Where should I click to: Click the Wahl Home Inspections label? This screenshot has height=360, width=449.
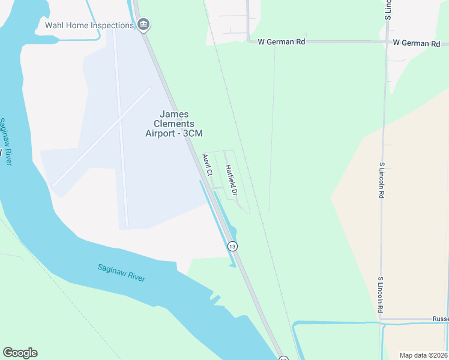coord(89,25)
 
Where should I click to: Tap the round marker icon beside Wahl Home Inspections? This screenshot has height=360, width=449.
coord(143,25)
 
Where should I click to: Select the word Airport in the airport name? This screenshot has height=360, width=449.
coord(161,133)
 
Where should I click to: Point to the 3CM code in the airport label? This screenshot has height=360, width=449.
coord(192,133)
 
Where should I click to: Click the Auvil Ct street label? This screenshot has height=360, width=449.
coord(207,165)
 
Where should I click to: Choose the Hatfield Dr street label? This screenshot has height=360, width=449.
coord(231,180)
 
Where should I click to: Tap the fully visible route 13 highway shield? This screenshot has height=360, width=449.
coord(232,246)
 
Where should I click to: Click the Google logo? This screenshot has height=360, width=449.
coord(20,353)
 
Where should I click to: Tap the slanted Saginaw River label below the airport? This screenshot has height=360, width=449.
coord(121,273)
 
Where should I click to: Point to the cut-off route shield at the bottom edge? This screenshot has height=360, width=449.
coord(283,358)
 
